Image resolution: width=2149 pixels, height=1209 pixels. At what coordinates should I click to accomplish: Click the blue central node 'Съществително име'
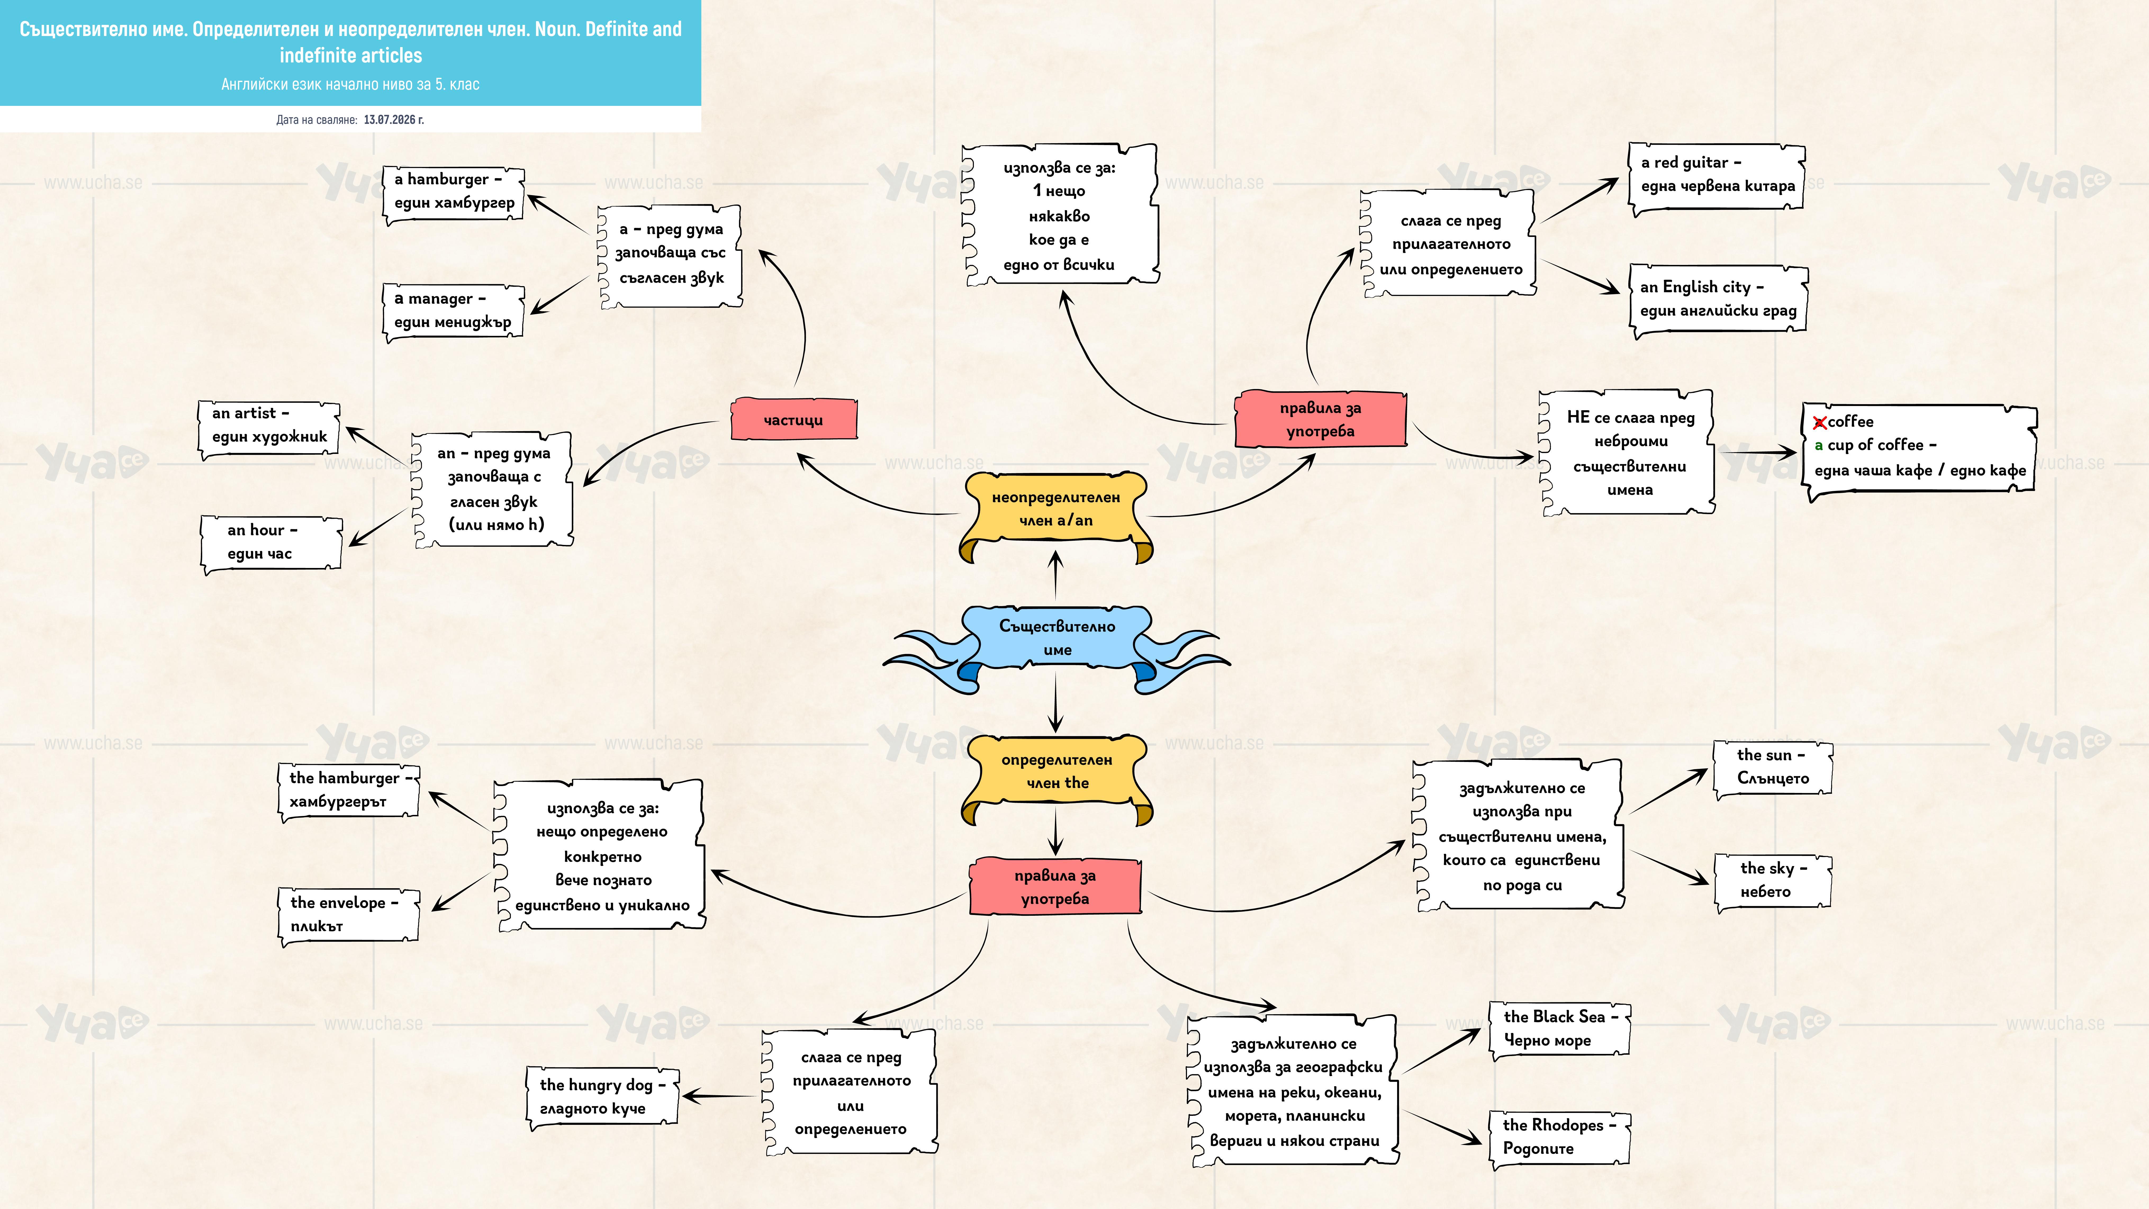point(1057,638)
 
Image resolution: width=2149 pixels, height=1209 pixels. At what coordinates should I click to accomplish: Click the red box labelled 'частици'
point(793,420)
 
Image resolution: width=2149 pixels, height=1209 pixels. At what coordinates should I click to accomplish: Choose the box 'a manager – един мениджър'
point(453,311)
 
